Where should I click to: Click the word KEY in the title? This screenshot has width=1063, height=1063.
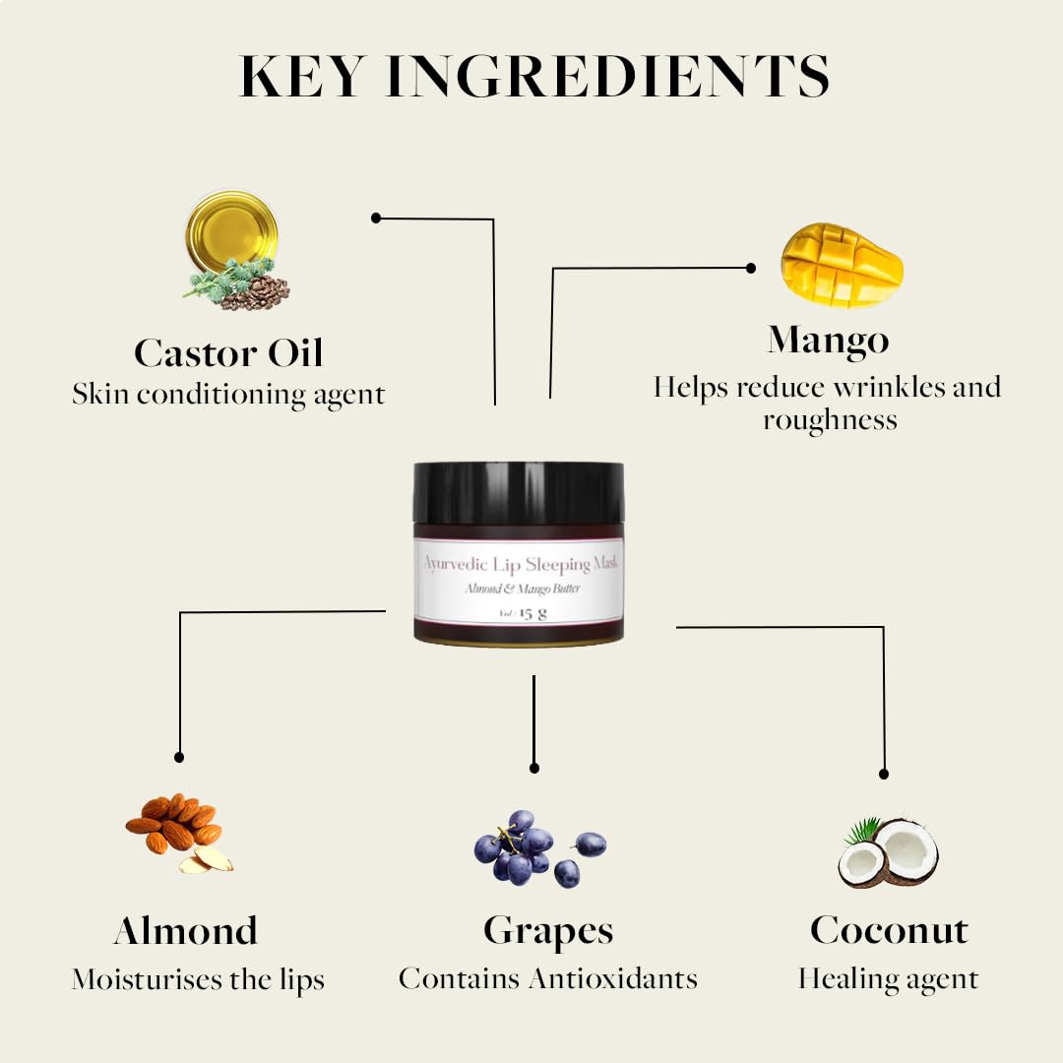302,76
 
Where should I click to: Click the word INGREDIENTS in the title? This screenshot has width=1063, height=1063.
607,76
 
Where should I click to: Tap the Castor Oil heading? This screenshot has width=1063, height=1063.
228,352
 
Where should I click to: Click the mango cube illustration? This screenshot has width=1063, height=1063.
842,265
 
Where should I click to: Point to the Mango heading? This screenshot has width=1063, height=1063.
828,341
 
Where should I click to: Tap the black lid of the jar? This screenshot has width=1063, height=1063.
519,493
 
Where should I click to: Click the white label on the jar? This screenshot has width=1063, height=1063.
519,580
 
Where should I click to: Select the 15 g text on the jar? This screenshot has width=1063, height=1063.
532,613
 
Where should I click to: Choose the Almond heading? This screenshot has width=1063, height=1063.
186,930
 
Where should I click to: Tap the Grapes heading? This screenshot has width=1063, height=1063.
548,931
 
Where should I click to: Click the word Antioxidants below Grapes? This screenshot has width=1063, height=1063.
613,978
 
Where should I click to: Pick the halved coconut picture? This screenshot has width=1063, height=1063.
888,852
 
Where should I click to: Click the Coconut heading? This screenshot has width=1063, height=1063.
889,930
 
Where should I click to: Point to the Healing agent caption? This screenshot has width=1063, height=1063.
888,979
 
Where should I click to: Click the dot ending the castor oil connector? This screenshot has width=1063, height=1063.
376,218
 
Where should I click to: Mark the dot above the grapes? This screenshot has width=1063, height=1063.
534,768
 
